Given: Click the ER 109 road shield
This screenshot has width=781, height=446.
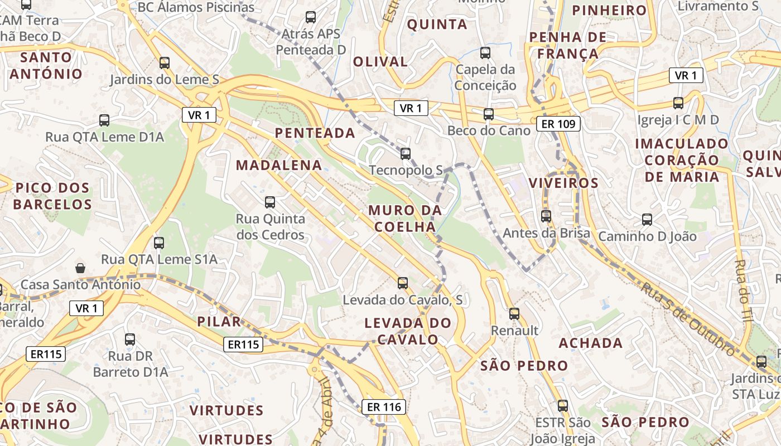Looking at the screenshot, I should (558, 124).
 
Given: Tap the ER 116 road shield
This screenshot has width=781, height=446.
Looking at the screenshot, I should (384, 407).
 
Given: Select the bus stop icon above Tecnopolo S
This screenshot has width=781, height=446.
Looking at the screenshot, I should (406, 153).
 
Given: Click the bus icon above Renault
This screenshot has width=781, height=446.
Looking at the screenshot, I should (514, 314).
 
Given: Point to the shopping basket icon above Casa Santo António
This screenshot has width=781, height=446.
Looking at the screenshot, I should (81, 268).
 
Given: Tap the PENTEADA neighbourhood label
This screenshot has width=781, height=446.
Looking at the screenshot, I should (315, 133).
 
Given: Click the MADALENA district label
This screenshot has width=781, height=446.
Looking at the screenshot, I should (279, 165).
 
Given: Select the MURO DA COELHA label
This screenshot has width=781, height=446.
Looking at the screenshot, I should (405, 219).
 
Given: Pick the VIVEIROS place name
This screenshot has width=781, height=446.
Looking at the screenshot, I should (563, 183).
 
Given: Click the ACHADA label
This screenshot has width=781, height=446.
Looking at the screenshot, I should (591, 342).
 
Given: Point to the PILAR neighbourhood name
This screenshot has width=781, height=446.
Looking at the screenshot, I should (219, 321).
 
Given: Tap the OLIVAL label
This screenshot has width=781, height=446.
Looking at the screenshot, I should (380, 61).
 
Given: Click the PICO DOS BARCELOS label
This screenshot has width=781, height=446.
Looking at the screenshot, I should (53, 196).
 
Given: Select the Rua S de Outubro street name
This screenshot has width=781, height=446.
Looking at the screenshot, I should (687, 319).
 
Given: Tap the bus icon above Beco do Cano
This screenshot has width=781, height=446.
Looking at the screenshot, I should (489, 114).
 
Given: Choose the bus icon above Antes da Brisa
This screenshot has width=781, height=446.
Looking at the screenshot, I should (546, 216).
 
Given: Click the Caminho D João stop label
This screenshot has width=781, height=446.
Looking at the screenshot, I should (647, 236).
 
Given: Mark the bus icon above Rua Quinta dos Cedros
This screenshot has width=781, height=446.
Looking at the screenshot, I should (270, 202).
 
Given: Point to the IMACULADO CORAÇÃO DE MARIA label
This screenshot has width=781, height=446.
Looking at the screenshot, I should (682, 160).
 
